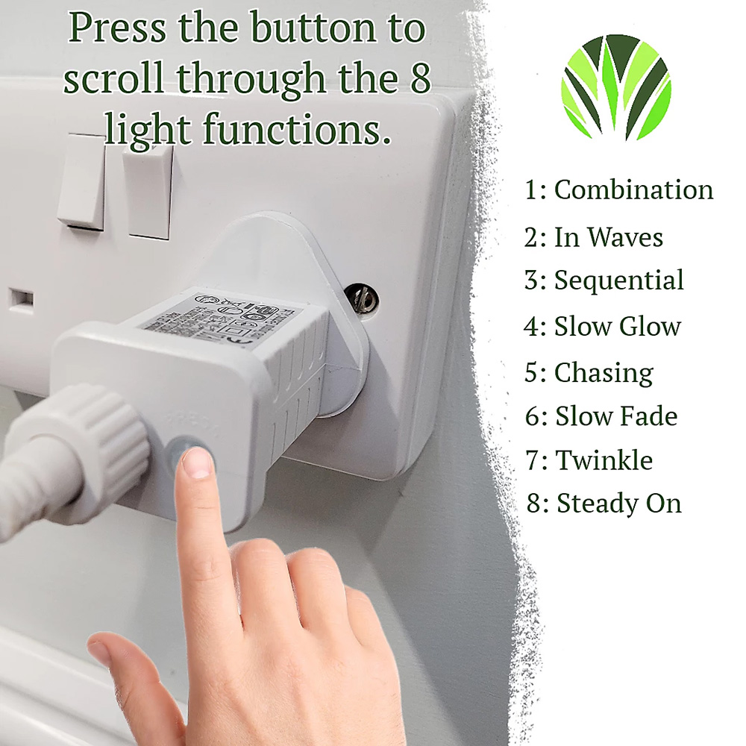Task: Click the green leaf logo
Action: tap(616, 88)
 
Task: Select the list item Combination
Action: tap(619, 190)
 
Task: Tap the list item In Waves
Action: tap(594, 238)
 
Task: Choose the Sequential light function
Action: tap(604, 281)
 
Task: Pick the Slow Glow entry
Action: tap(603, 327)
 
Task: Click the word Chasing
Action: tap(589, 373)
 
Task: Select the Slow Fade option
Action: tap(601, 417)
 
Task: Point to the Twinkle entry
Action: tap(589, 461)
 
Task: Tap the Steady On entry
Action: tap(604, 504)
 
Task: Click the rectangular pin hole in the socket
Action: tap(21, 300)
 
